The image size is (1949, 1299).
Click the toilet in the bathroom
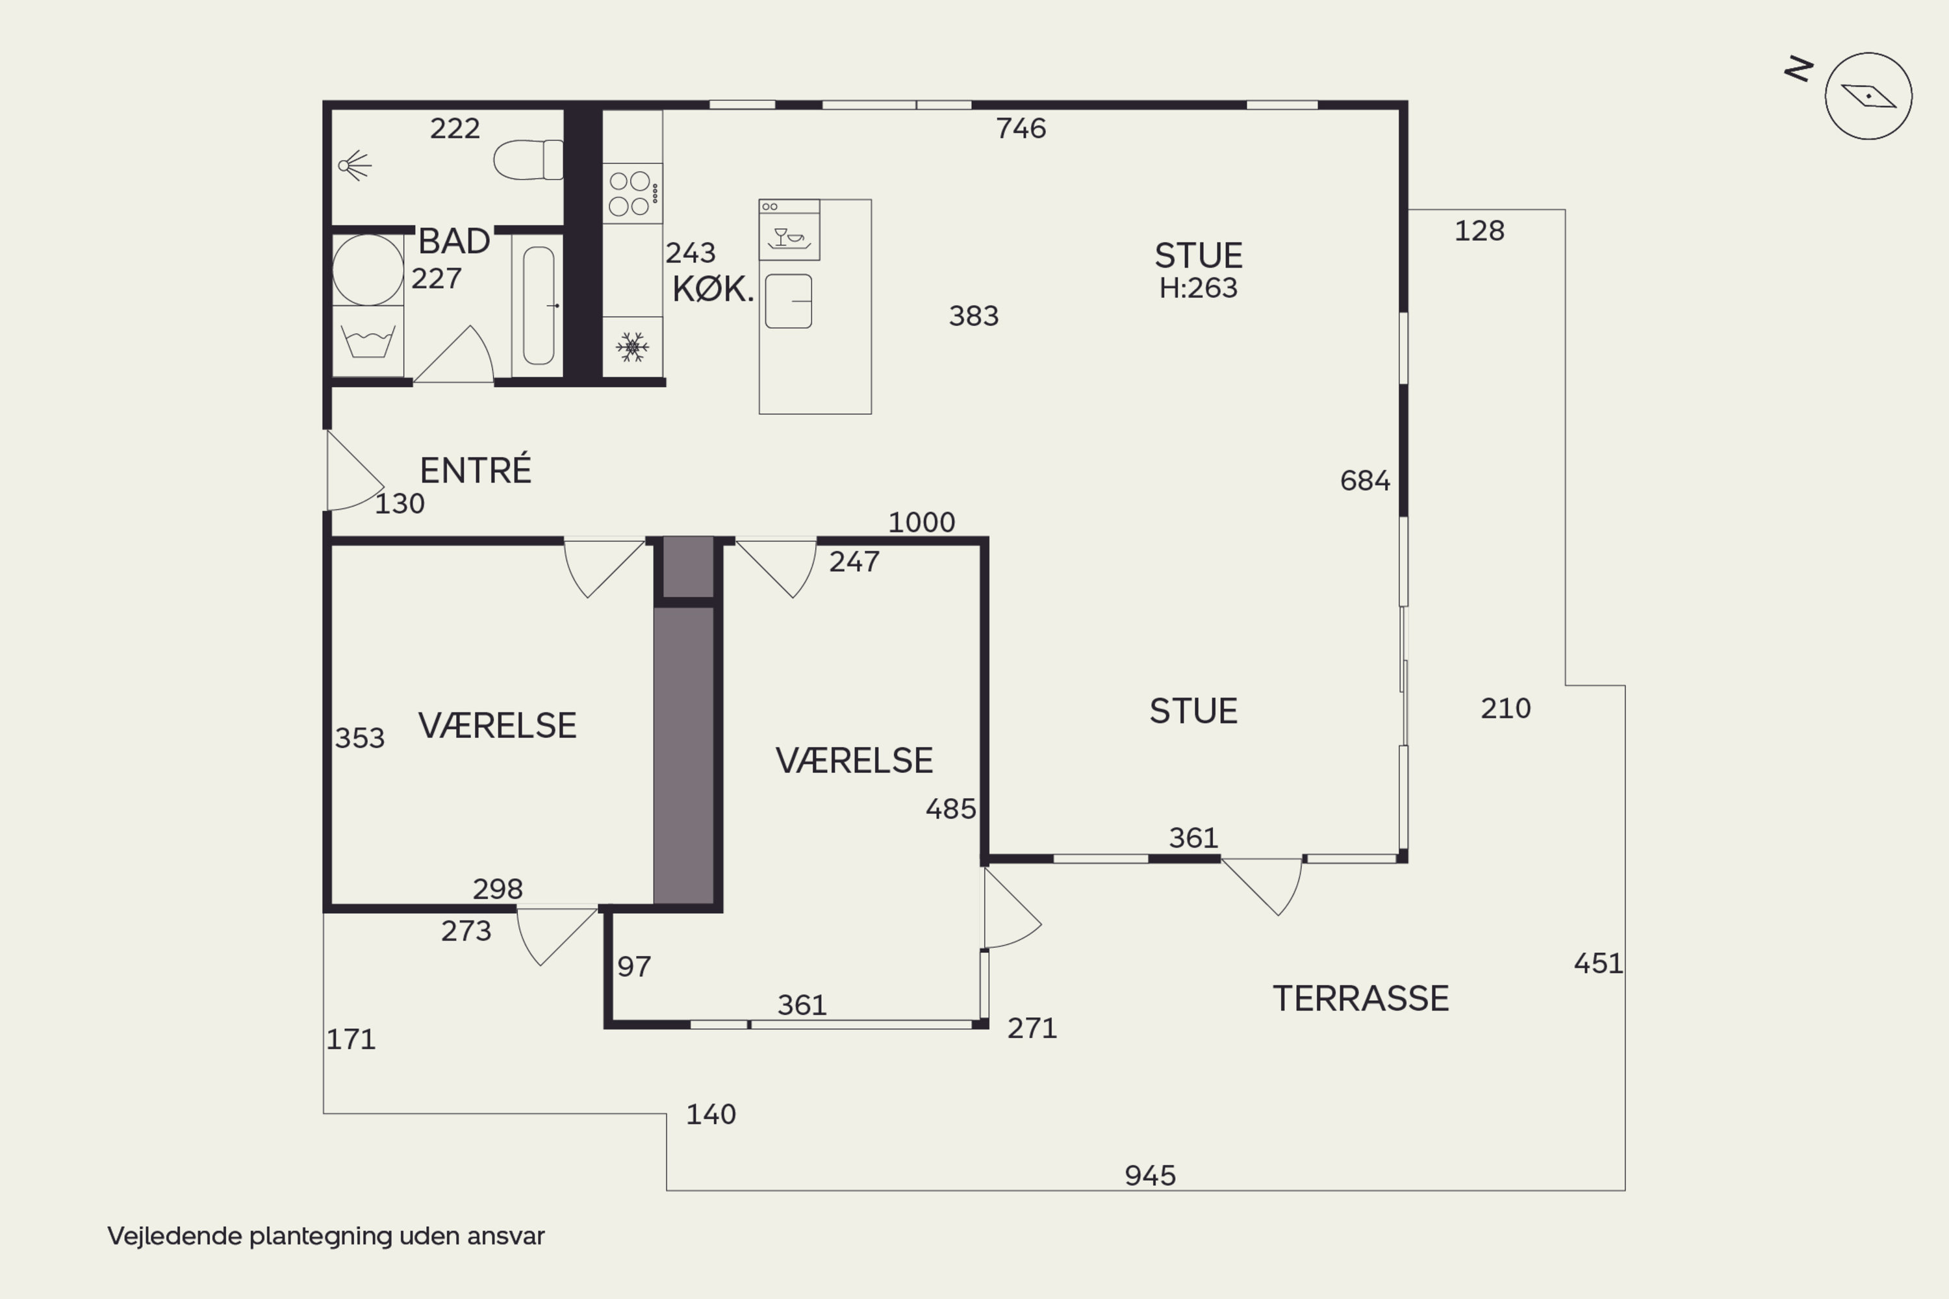[528, 159]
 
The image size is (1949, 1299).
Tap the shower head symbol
[355, 166]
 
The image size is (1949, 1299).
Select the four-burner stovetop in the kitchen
[632, 193]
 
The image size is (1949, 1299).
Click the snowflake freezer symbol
[632, 347]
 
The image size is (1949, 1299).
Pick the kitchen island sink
[788, 301]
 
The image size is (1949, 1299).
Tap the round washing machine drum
[368, 270]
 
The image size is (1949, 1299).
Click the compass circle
[1868, 96]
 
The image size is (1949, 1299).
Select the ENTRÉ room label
[475, 470]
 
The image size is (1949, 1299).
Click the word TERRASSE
[1360, 998]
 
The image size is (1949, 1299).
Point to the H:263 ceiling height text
[1198, 288]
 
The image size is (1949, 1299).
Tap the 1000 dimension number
[921, 522]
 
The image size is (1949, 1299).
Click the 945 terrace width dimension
[1150, 1175]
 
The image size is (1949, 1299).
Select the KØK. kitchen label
[713, 289]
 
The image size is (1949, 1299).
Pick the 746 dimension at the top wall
[1021, 129]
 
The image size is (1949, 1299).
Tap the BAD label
[454, 241]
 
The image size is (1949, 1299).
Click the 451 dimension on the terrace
[1598, 963]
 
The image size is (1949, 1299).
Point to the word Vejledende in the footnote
[175, 1236]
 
